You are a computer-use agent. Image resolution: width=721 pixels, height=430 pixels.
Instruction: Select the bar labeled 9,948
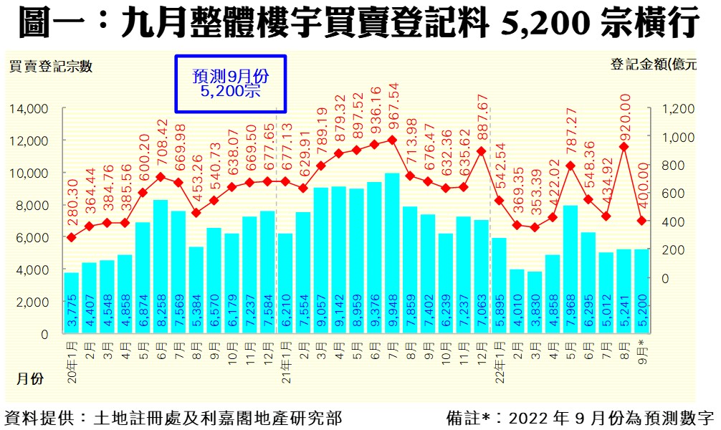tap(392, 253)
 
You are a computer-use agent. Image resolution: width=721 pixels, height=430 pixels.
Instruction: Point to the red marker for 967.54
tap(392, 140)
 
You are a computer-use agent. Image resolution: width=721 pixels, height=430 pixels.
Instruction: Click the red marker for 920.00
tap(624, 147)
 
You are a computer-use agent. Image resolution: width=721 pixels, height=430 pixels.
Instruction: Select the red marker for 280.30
tap(72, 237)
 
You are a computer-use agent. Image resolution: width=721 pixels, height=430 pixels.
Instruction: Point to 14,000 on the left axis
tap(29, 109)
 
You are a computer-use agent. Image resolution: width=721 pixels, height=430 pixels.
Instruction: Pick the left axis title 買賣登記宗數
tap(50, 67)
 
